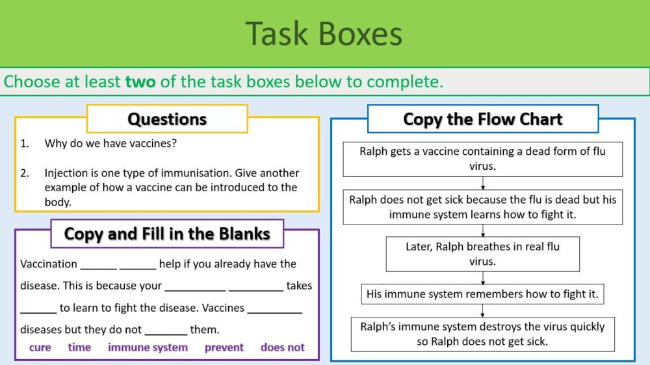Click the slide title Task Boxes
click(x=324, y=34)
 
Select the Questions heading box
click(x=167, y=119)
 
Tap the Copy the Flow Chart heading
click(x=482, y=119)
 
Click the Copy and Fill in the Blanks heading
click(x=167, y=234)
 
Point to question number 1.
click(x=25, y=143)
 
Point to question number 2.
click(x=25, y=173)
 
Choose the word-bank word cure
click(x=40, y=347)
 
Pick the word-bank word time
click(x=79, y=347)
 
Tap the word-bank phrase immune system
click(x=148, y=347)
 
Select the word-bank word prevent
click(x=224, y=347)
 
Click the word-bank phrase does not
click(x=282, y=347)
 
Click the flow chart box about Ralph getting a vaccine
click(x=482, y=159)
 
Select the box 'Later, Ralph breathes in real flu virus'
click(x=482, y=254)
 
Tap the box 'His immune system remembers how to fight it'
click(x=482, y=294)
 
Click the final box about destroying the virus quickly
click(x=482, y=334)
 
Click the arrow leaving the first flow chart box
click(x=483, y=183)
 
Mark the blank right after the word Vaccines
click(x=274, y=308)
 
